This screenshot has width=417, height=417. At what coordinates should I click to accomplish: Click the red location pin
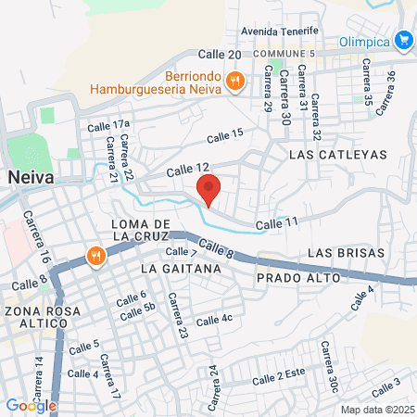(208, 188)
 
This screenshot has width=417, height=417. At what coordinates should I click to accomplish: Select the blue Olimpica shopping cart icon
(403, 40)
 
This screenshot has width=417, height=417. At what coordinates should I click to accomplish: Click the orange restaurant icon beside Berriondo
(235, 82)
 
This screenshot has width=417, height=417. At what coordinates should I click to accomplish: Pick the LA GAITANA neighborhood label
(181, 268)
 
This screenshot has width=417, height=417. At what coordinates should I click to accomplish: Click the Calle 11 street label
(278, 223)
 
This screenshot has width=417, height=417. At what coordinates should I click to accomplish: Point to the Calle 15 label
(225, 135)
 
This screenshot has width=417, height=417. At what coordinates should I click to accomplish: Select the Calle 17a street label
(107, 124)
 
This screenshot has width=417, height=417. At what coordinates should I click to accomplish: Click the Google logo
(31, 405)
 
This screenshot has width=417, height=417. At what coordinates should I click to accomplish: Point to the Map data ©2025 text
(374, 410)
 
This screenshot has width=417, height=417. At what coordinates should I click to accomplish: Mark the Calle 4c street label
(214, 318)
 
